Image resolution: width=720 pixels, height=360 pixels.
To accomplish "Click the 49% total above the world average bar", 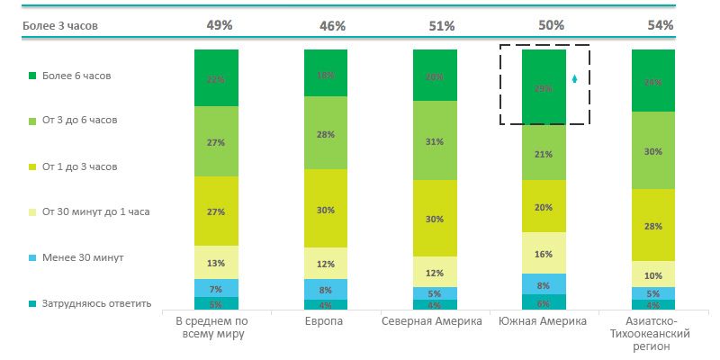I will point(216,25).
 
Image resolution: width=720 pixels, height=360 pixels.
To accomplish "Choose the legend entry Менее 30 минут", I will point(82,257).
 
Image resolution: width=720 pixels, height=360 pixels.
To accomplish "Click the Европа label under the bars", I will point(326,321).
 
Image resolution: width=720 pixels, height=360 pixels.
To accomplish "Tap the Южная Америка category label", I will point(544,321).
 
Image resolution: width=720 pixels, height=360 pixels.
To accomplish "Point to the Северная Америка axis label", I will point(435,321).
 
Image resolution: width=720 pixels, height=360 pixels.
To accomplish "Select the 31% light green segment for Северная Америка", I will point(435,142).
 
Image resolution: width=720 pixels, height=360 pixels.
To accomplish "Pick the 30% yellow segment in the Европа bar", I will point(326,210).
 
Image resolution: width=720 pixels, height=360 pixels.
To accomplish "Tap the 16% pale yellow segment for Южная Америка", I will point(544,254).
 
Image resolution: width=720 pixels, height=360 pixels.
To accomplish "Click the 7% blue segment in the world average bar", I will point(216,288).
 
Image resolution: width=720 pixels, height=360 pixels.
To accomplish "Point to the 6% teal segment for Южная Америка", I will point(544,303).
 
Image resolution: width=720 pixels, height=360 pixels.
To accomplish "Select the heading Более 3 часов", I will point(59,26).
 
